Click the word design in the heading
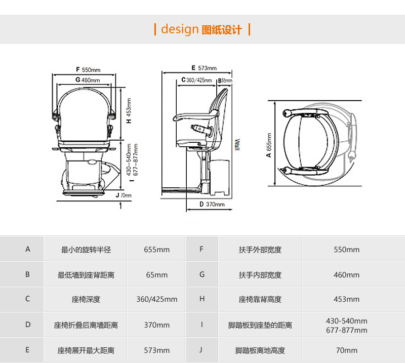[x=179, y=29]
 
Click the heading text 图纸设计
[x=222, y=30]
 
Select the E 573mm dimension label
[x=204, y=68]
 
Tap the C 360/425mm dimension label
[x=196, y=80]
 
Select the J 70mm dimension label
[x=123, y=195]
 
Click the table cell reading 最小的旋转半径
[x=86, y=250]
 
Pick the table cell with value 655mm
[x=156, y=250]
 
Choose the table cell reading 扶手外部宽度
[x=260, y=250]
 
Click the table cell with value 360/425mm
[x=156, y=299]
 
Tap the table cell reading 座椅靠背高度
[x=260, y=299]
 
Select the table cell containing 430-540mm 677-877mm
[x=347, y=325]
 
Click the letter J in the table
[x=201, y=350]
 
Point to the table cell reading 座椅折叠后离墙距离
[x=86, y=325]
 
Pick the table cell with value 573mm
[x=156, y=350]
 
